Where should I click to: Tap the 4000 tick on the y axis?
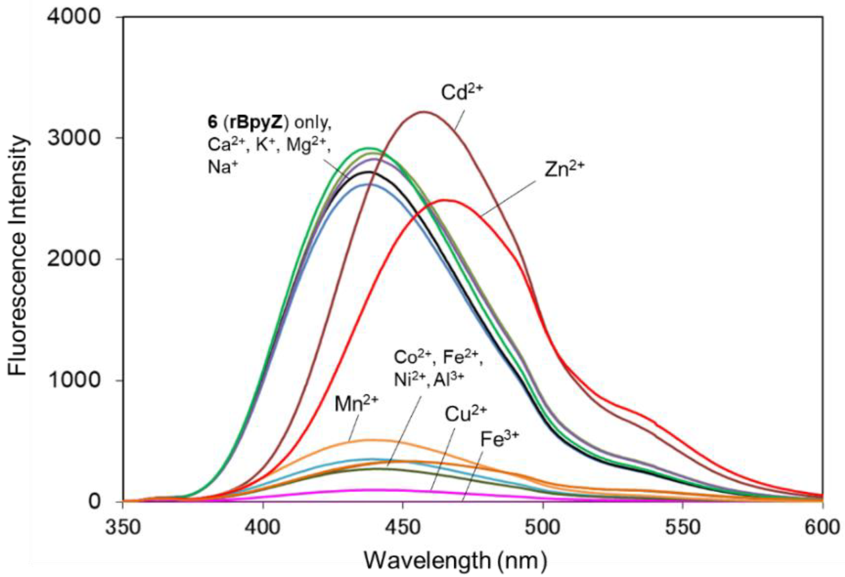click(x=74, y=18)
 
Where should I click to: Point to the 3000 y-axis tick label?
click(x=74, y=139)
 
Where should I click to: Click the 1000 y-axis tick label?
click(x=74, y=380)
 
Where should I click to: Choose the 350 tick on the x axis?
click(x=123, y=527)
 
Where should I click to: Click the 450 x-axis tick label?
click(x=403, y=527)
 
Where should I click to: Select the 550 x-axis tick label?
click(x=683, y=527)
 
